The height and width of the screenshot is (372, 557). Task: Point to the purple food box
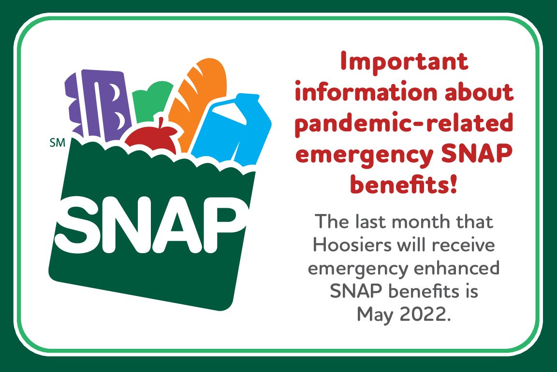pyautogui.click(x=98, y=103)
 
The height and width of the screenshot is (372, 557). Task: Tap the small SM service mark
pyautogui.click(x=58, y=143)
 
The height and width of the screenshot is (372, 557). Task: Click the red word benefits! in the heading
pyautogui.click(x=403, y=184)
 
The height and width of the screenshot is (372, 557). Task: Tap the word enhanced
pyautogui.click(x=457, y=268)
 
